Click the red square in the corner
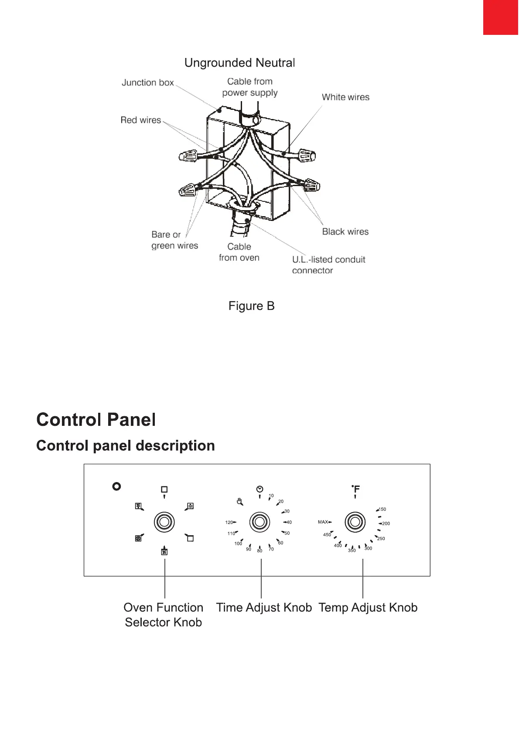pos(501,17)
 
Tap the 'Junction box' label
pos(147,82)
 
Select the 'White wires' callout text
pos(345,97)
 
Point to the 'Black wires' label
pos(345,231)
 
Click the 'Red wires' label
pos(140,120)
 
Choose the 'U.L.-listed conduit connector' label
pos(328,265)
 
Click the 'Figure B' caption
pos(251,306)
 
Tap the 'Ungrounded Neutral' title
pos(239,63)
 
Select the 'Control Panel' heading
pos(96,419)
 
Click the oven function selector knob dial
pos(164,522)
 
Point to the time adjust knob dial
pos(259,522)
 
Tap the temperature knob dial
pos(355,522)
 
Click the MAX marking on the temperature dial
pos(323,522)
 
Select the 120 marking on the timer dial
pos(229,522)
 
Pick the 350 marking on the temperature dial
pos(352,550)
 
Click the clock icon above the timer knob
pos(259,489)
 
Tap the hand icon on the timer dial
pos(239,502)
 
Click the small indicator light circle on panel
pos(116,486)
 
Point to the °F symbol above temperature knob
pos(356,489)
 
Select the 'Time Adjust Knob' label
pos(264,607)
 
